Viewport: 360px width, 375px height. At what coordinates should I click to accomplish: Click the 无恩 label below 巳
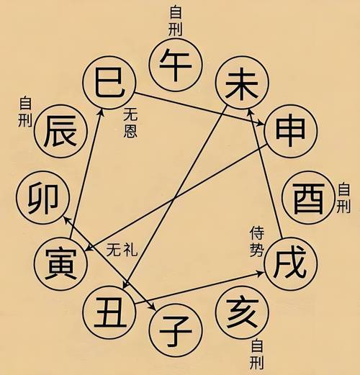130,122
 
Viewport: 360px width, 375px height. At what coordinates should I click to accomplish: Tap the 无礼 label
122,250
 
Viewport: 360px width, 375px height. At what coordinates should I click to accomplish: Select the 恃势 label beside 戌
256,242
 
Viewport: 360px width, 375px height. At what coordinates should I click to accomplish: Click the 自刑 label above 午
176,21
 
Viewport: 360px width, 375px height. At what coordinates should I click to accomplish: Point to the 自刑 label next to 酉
343,198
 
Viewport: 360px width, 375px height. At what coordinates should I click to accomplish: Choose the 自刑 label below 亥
256,354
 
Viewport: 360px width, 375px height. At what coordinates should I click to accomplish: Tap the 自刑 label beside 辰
25,112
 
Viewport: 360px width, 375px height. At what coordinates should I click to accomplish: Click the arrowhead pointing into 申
261,124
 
